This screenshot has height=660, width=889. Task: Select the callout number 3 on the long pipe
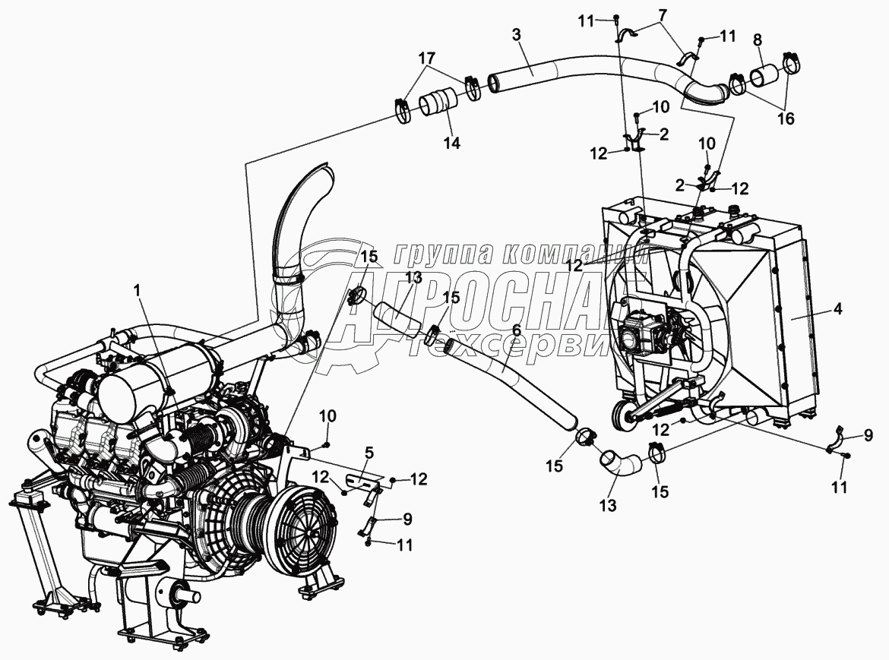click(x=517, y=35)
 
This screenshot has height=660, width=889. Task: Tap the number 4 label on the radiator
click(x=837, y=309)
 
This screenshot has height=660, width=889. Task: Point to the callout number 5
click(x=369, y=454)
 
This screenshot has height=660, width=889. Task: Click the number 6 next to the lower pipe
click(x=517, y=331)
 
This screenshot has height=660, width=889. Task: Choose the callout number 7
click(x=662, y=15)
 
